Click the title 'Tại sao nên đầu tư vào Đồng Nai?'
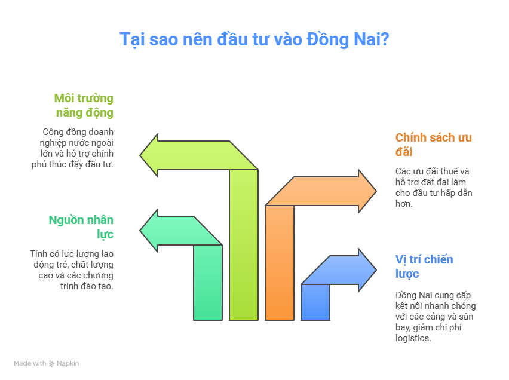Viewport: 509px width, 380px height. pos(254,39)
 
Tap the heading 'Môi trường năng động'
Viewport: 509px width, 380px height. pos(84,106)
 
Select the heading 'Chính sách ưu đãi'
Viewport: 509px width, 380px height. pos(433,145)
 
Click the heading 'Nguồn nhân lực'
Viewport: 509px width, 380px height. pos(81,228)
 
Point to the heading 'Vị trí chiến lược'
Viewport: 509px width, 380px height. pos(424,266)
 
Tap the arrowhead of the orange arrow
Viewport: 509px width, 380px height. pos(367,191)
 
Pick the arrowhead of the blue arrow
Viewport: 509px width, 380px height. pos(367,270)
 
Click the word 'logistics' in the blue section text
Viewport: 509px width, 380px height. pos(412,338)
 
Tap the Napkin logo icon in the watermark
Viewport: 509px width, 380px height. pos(51,364)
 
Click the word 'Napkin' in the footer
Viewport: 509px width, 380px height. pos(68,363)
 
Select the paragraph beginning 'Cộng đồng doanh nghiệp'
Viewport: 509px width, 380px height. pos(72,148)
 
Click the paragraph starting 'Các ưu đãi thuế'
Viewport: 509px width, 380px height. pos(434,188)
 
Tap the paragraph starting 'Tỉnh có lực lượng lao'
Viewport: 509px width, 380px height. pos(72,270)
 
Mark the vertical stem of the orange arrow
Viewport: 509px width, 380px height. pos(280,263)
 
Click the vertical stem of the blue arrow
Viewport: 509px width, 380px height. pos(315,302)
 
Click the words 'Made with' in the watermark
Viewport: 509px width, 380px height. pos(30,363)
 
